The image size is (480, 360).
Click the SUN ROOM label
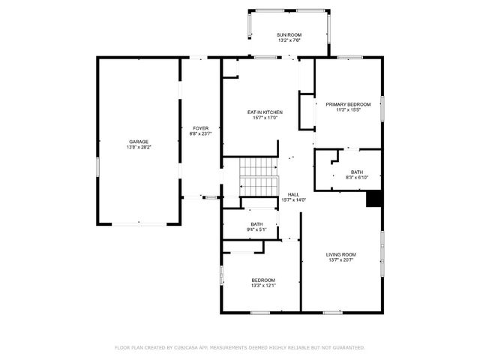[289, 35]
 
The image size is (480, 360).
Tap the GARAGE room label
[138, 141]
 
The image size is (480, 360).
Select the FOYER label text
[200, 128]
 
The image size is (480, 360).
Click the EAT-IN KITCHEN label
[265, 112]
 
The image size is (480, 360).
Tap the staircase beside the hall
[259, 177]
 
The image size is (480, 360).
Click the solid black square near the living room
[374, 199]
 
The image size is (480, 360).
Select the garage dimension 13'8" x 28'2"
[138, 148]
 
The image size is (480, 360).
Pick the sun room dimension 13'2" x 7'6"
[289, 42]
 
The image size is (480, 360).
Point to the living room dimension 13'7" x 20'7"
[340, 261]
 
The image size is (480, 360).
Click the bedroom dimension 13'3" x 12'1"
[263, 286]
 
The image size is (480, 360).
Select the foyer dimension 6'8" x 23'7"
[200, 135]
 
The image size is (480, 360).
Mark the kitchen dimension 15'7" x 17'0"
[265, 118]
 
